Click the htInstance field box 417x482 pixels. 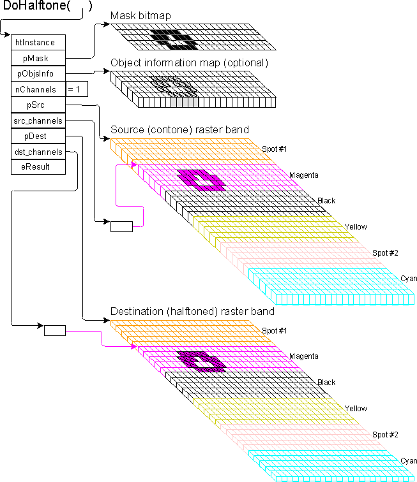point(38,43)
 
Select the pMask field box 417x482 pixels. point(38,58)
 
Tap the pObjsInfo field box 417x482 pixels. point(38,74)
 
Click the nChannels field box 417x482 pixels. point(38,90)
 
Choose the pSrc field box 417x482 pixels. point(38,105)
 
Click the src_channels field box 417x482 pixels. point(38,120)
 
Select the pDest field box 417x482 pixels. point(38,136)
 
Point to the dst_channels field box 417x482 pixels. point(38,152)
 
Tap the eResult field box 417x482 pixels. point(38,167)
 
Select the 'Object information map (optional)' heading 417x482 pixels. point(189,63)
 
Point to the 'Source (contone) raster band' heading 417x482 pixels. point(179,130)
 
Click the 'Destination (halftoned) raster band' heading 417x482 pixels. point(192,312)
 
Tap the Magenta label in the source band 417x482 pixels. point(303,175)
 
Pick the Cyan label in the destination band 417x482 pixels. point(409,460)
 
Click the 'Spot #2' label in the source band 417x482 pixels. point(386,253)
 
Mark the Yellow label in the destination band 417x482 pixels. point(356,408)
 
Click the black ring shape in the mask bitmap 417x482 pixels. point(172,40)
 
